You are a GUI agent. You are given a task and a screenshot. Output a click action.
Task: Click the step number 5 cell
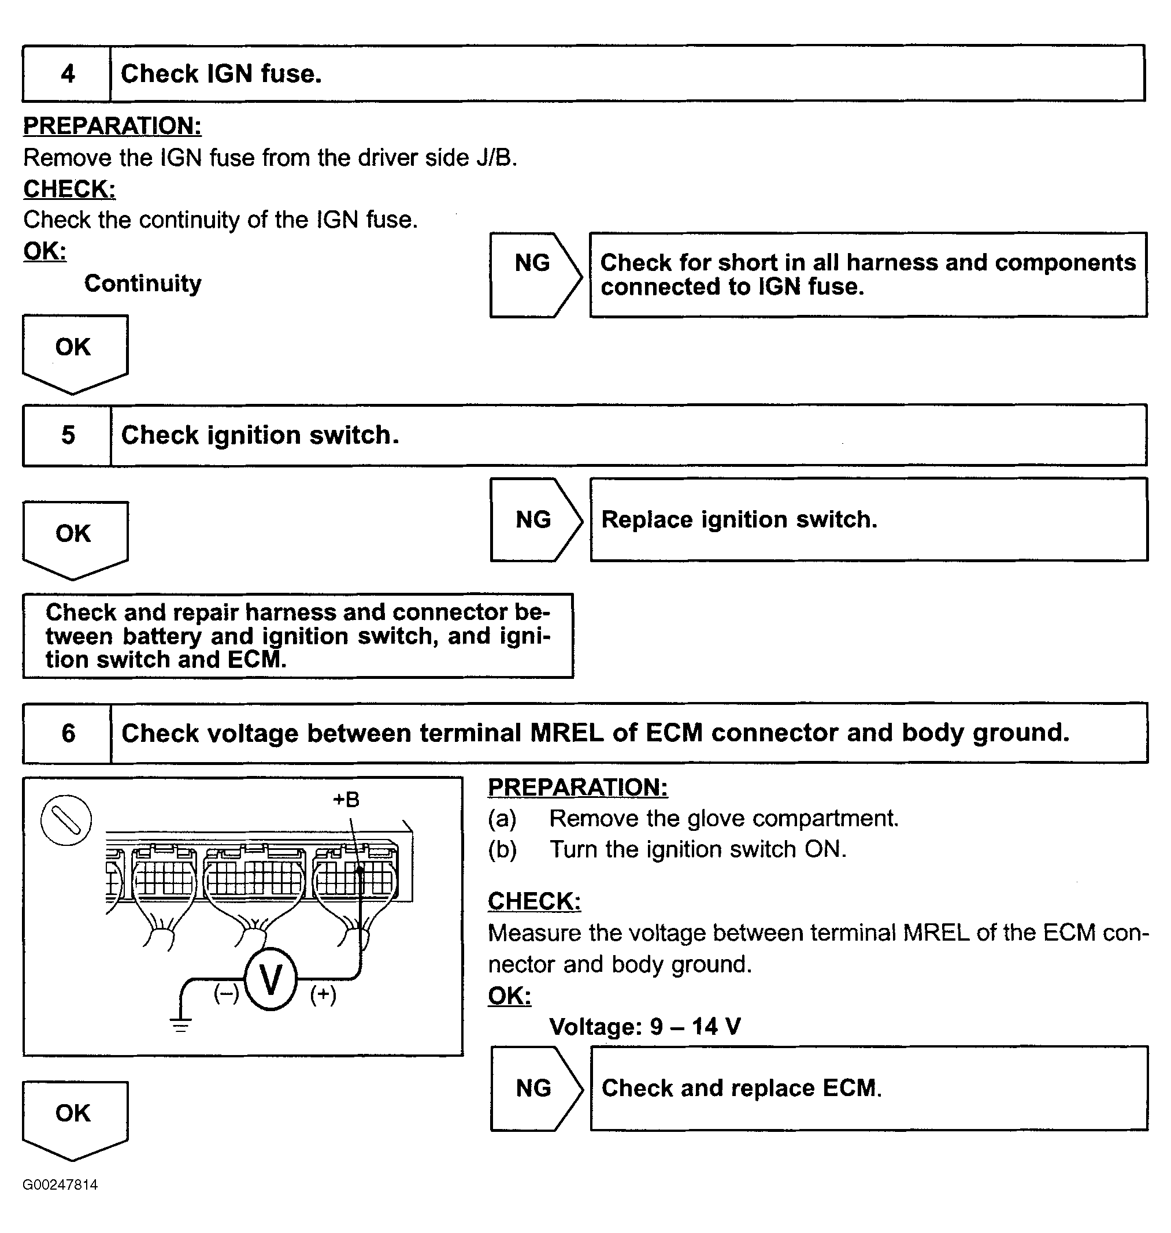pos(68,435)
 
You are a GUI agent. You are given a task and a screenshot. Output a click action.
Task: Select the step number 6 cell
pos(68,733)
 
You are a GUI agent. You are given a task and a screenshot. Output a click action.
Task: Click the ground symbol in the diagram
pos(181,1024)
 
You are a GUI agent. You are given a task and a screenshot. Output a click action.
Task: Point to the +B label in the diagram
pos(346,799)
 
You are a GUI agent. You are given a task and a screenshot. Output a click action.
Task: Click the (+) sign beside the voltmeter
pos(323,994)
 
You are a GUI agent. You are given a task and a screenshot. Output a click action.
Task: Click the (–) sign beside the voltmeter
pos(226,993)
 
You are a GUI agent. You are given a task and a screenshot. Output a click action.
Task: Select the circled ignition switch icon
pos(66,820)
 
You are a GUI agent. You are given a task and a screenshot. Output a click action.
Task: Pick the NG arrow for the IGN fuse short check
pos(534,275)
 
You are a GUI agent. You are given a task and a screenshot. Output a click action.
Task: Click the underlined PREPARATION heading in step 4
pos(112,126)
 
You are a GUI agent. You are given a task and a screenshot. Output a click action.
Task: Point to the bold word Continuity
pos(143,283)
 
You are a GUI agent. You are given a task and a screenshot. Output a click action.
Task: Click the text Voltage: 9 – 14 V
pos(645,1027)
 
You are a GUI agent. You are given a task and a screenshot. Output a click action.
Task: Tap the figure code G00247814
pos(60,1185)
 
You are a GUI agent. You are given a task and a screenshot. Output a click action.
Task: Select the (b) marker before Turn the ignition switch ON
pos(502,850)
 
